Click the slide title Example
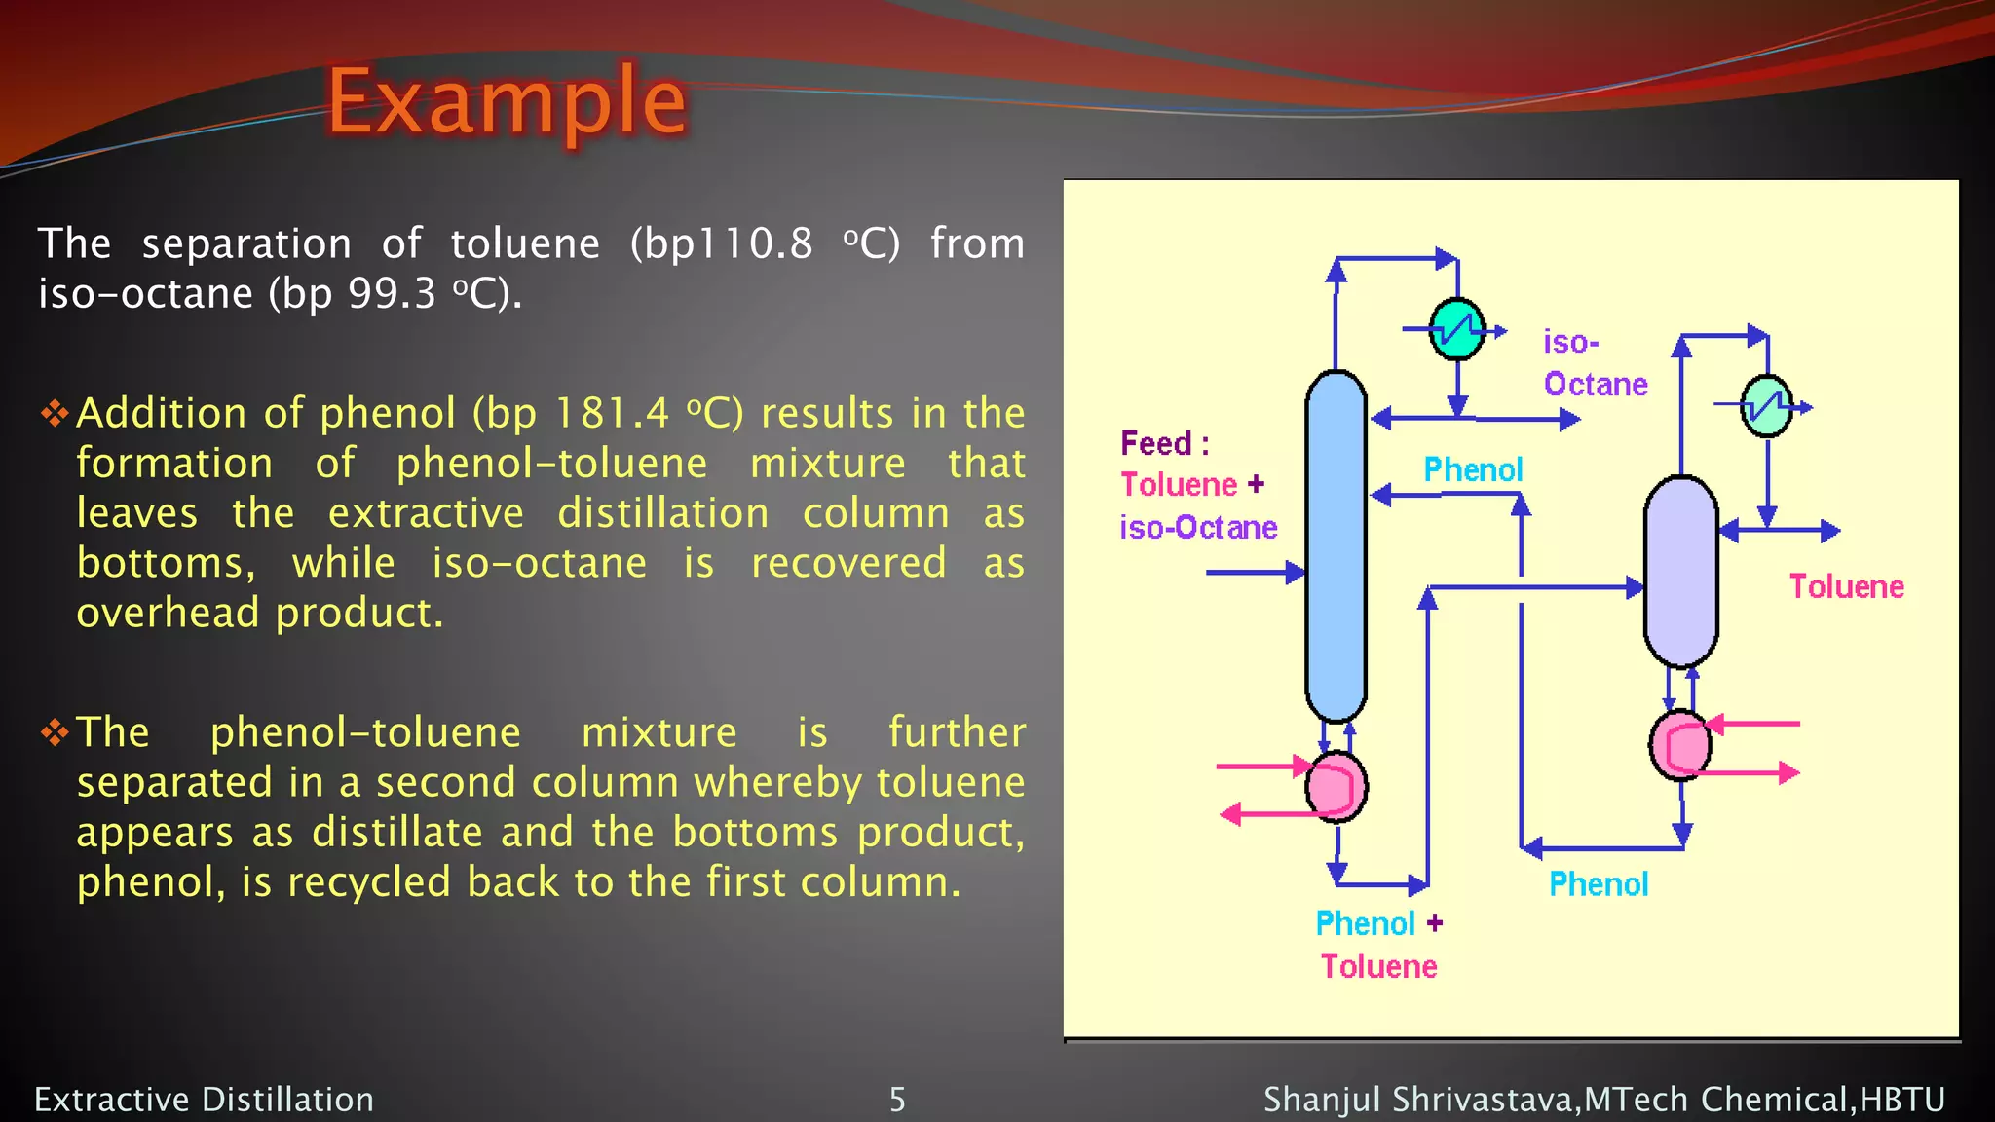(507, 100)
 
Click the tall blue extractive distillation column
(1336, 545)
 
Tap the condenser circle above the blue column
(1456, 329)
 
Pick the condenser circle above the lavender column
(1766, 406)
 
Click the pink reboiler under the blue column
(1336, 787)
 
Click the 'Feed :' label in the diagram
(1165, 444)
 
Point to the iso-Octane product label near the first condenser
(1594, 363)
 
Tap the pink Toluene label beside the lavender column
(1846, 586)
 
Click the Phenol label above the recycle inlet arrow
(1473, 470)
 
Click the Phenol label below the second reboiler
(1599, 884)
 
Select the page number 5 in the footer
(897, 1100)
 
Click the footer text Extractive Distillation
(205, 1100)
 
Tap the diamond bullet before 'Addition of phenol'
(55, 414)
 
